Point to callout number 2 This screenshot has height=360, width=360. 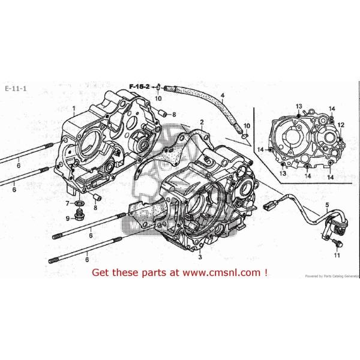click(x=202, y=122)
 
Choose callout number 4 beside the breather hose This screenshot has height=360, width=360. click(x=222, y=96)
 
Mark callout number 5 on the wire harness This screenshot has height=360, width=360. click(x=327, y=206)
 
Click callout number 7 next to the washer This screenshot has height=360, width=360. click(x=67, y=204)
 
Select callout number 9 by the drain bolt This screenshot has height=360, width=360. click(x=67, y=217)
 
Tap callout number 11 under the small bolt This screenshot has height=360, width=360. click(x=337, y=256)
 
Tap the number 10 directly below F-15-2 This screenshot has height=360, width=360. click(x=158, y=98)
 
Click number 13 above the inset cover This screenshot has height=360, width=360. click(x=298, y=106)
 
